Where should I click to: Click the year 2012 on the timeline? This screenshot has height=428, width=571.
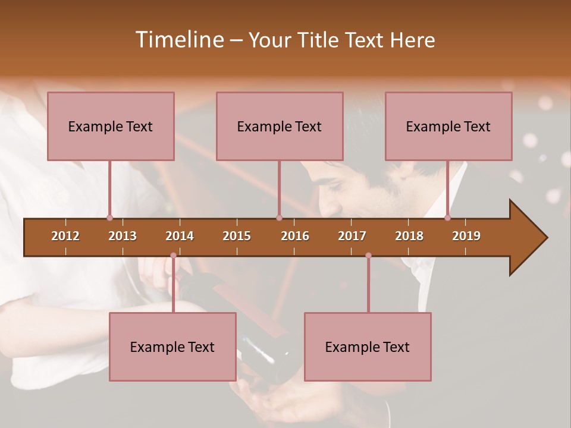click(65, 236)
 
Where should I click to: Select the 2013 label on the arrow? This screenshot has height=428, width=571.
click(123, 236)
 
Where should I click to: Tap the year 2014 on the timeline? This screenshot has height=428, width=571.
click(180, 236)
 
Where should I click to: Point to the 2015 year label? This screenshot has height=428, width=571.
click(237, 236)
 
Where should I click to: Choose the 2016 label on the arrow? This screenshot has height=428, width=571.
click(295, 236)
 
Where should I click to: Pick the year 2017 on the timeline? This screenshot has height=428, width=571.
click(352, 236)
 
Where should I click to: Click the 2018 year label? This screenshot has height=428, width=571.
click(409, 236)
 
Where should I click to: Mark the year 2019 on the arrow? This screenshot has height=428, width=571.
click(466, 236)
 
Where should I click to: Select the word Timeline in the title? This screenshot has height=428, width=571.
click(178, 40)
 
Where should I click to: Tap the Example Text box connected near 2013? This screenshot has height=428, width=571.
click(111, 126)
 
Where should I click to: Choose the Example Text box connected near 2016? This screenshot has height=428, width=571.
click(280, 126)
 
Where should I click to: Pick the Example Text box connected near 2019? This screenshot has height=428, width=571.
click(448, 126)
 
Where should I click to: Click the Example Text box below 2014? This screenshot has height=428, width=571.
click(172, 347)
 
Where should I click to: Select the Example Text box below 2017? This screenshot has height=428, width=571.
click(368, 347)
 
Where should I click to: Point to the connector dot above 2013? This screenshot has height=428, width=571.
click(109, 218)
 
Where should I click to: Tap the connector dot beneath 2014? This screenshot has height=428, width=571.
click(173, 256)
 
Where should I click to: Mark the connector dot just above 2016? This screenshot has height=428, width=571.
click(279, 218)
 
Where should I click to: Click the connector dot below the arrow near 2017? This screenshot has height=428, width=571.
click(368, 256)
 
